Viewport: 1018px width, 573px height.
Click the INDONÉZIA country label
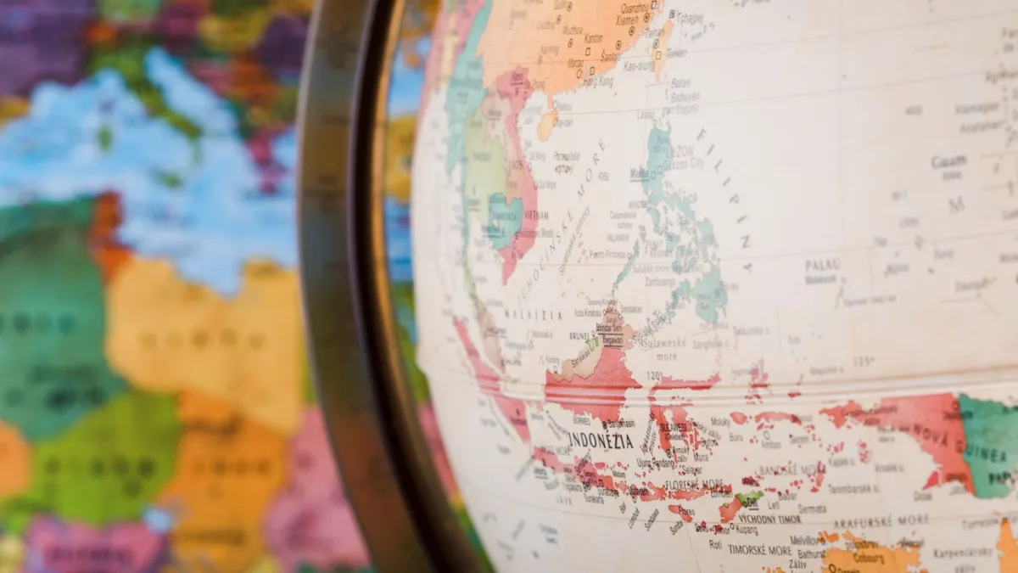tap(601, 440)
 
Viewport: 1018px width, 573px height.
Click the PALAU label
tap(822, 265)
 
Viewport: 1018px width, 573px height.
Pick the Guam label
tap(948, 161)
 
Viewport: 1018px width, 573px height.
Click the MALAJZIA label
tap(534, 314)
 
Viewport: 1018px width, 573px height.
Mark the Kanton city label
tap(593, 38)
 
